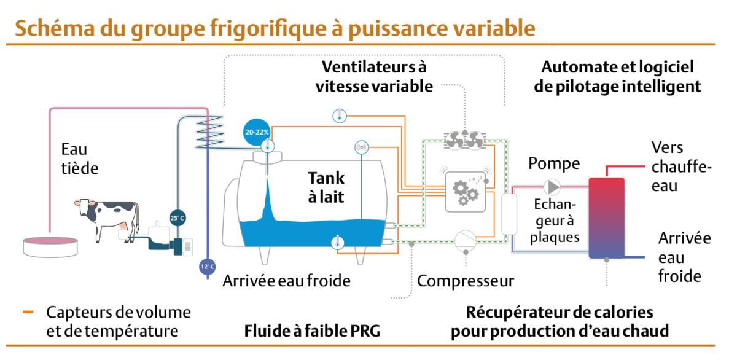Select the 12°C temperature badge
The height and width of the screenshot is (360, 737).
(208, 267)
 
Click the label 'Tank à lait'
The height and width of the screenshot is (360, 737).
(326, 187)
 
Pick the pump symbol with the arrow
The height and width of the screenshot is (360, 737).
(552, 186)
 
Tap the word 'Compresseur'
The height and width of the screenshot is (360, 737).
(465, 281)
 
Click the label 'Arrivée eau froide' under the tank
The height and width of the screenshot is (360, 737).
(286, 281)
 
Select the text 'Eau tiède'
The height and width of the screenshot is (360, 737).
(79, 158)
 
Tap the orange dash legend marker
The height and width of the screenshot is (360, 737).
(28, 312)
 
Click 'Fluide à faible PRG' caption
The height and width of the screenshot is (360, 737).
(312, 331)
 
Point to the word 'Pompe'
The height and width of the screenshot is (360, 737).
(554, 163)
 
